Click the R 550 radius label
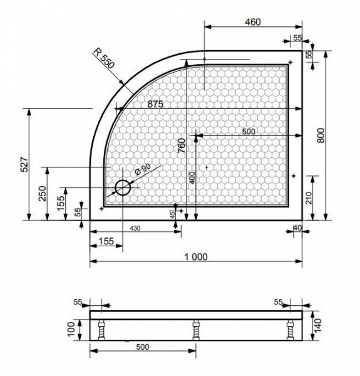[104, 58]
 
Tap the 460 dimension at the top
[253, 22]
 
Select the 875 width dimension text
[155, 104]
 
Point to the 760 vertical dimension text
[182, 145]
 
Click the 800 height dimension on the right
[321, 135]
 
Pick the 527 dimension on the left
[24, 164]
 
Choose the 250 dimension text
[43, 194]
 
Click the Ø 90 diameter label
[143, 169]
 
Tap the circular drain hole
[123, 187]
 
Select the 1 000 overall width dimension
[196, 257]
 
